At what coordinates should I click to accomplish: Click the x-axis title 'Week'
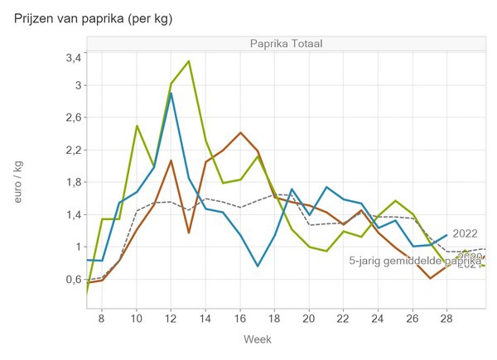[257, 339]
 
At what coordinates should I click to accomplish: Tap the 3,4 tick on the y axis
[73, 57]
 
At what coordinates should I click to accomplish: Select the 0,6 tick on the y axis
[73, 279]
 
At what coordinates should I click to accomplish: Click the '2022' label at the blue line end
[466, 233]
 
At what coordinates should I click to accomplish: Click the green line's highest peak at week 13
[189, 61]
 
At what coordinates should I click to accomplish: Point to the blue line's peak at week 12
[171, 93]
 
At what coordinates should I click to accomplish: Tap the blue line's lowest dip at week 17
[258, 266]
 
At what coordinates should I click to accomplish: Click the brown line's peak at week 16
[240, 132]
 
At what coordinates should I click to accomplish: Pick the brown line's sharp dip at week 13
[189, 233]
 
